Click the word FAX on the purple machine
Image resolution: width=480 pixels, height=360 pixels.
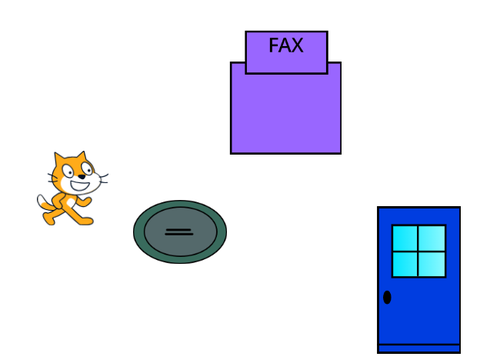286,45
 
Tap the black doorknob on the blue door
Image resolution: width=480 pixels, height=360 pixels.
387,297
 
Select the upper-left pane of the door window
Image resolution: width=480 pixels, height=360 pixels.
405,238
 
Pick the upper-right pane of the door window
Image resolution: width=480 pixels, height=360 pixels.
432,238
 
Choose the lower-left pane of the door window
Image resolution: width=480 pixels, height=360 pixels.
405,264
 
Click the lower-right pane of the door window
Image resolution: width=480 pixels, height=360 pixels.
432,264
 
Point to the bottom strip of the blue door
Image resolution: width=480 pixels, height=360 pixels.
419,349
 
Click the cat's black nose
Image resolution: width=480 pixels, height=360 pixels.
82,177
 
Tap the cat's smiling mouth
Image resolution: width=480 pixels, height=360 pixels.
80,185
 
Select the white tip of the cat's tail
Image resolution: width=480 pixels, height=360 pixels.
41,201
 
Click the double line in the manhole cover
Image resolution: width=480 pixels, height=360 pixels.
179,232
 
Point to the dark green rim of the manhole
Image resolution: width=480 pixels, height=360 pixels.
180,204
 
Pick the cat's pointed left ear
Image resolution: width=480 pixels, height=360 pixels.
59,159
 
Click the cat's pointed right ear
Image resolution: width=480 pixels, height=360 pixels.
81,156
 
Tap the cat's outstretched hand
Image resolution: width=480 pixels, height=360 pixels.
87,201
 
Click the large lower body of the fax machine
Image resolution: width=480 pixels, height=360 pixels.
286,113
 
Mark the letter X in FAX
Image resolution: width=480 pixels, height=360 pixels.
296,45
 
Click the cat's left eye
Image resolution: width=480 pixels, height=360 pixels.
69,172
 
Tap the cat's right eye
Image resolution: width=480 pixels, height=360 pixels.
87,169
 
